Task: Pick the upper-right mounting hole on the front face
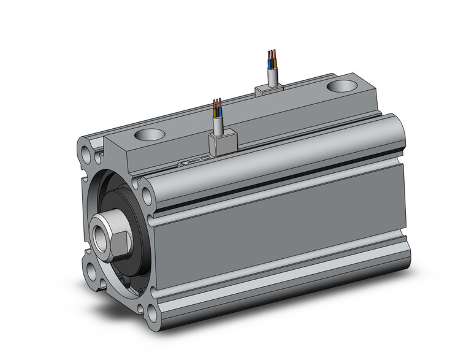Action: [147, 196]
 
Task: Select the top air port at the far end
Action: [342, 85]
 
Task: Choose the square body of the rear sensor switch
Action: [269, 90]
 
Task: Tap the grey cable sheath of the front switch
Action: [218, 125]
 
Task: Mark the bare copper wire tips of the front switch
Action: [217, 102]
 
